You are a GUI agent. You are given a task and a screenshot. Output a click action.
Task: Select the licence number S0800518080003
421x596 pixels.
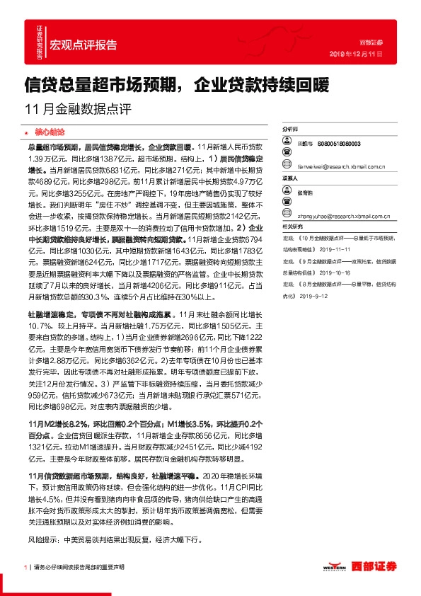(x=339, y=143)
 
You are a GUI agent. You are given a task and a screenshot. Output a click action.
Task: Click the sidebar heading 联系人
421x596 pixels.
(x=290, y=179)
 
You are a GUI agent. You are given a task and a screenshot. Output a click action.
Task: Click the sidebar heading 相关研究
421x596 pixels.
(x=292, y=225)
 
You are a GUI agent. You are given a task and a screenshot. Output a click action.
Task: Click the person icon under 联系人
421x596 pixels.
(x=287, y=191)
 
